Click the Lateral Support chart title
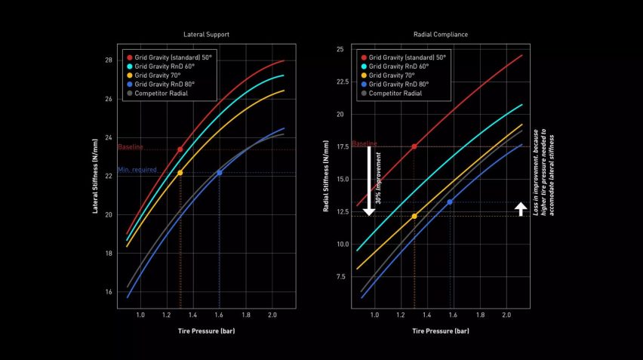point(206,35)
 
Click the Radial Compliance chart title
point(441,35)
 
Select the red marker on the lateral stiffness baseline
point(180,149)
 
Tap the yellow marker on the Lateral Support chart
point(180,173)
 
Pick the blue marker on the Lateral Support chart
point(220,173)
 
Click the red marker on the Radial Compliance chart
point(414,146)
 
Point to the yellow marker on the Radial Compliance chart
point(414,216)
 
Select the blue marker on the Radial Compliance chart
point(450,202)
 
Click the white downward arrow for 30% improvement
point(369,180)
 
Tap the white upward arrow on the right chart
point(521,208)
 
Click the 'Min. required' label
point(137,170)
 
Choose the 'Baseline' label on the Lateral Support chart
point(130,147)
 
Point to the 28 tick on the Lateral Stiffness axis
point(108,60)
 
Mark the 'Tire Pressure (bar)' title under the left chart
point(206,331)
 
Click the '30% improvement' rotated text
point(379,181)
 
